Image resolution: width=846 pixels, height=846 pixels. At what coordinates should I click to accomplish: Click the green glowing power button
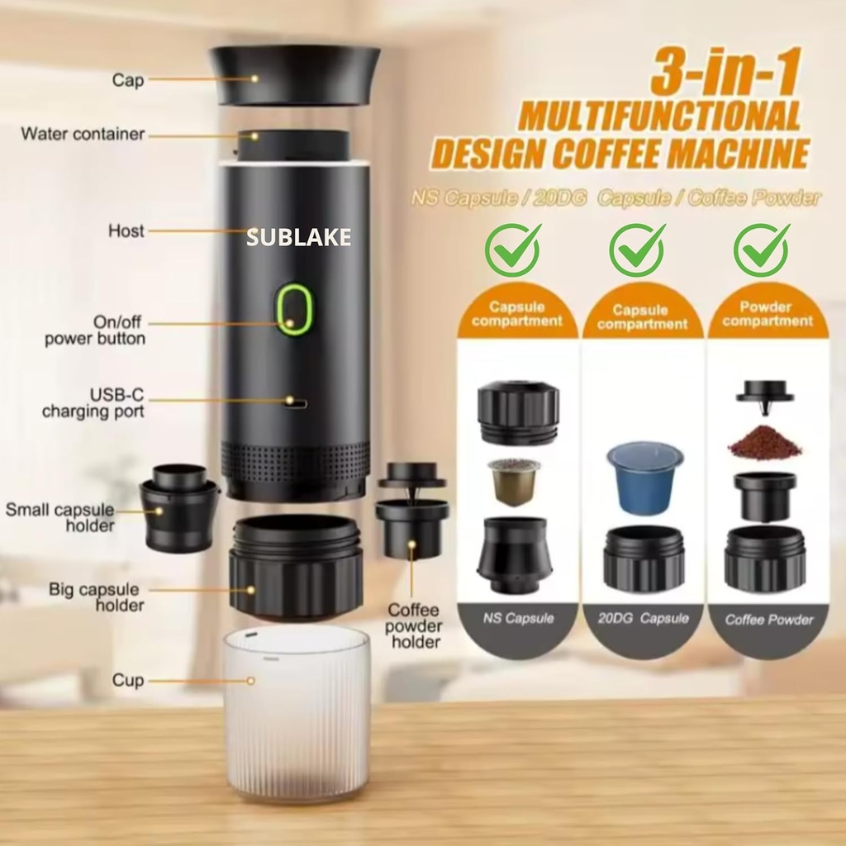pos(294,310)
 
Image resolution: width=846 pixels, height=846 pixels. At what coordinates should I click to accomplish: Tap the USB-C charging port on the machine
pos(295,403)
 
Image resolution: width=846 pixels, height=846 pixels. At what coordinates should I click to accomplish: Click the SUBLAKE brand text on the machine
pos(298,239)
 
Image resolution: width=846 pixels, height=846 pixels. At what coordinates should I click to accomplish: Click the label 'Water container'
pos(83,134)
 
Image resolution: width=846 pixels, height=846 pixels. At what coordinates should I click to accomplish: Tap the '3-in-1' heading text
pos(724,73)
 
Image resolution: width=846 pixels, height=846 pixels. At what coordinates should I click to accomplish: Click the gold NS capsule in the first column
pos(513,481)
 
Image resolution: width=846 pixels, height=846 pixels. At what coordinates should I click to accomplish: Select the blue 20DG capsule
pos(644,477)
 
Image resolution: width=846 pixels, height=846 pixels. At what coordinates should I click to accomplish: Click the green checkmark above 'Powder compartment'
pos(761,250)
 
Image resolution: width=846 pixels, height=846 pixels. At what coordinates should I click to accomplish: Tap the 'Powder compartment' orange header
pos(765,314)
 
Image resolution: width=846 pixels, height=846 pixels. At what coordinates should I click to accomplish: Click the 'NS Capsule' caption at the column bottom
pos(518,618)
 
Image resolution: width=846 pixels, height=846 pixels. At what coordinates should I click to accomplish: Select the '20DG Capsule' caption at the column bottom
pos(643,618)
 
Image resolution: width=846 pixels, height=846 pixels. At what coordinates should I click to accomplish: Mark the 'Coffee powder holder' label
pos(414,625)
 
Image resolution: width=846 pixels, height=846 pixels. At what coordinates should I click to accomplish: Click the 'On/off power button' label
pos(95,330)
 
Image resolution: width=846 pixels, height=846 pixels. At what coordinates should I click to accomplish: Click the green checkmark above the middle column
pos(636,250)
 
